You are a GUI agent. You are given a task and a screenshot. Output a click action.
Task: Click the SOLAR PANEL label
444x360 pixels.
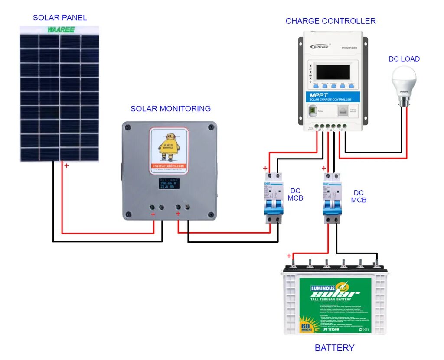point(60,18)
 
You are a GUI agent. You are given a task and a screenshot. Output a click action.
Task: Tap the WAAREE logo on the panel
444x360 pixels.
point(61,29)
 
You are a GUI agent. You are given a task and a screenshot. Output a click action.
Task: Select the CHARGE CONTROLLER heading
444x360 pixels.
point(330,21)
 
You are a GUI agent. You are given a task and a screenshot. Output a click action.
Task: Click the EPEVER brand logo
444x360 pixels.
point(319,46)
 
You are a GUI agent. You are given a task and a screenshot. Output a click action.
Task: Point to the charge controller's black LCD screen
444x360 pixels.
point(333,71)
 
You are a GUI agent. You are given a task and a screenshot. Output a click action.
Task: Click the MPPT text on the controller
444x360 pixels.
point(320,95)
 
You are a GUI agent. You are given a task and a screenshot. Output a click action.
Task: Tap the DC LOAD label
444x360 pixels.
point(404,59)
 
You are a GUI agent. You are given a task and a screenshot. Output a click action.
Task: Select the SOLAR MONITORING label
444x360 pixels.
point(170,109)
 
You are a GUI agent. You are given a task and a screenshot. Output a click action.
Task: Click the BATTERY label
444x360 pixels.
point(334,348)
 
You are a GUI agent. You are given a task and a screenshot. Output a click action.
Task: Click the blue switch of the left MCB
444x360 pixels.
point(274,204)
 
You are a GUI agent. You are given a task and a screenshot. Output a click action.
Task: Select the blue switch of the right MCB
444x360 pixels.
point(332,204)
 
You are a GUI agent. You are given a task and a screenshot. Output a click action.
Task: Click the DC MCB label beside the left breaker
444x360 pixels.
point(295,195)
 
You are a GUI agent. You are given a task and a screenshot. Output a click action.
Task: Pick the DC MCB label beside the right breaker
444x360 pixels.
point(359,196)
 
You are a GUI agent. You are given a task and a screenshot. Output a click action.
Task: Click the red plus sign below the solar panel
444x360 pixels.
point(66,165)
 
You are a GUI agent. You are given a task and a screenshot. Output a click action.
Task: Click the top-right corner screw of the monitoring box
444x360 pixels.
point(211,127)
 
